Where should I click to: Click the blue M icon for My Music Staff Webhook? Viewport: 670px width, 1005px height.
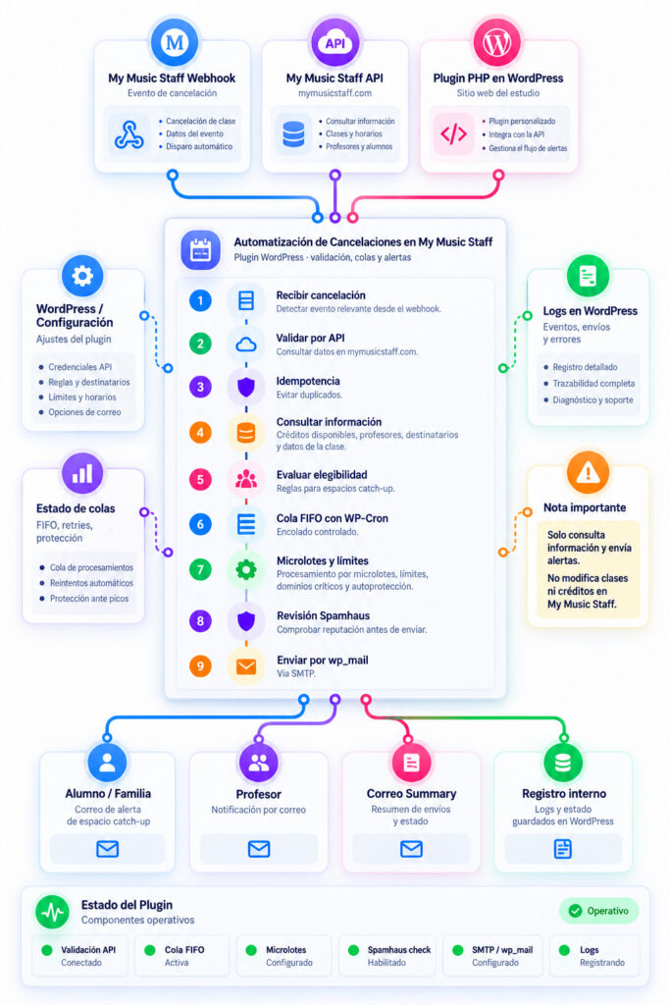pyautogui.click(x=175, y=42)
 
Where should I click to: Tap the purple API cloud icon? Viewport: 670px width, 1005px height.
pyautogui.click(x=335, y=42)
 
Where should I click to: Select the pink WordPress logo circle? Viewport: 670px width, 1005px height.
pyautogui.click(x=497, y=42)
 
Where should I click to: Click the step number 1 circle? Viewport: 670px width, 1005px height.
pyautogui.click(x=200, y=300)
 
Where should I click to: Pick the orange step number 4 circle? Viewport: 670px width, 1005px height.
pyautogui.click(x=200, y=433)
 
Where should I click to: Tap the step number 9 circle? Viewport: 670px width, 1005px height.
pyautogui.click(x=200, y=666)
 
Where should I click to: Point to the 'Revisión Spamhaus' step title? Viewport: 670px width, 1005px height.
pyautogui.click(x=323, y=615)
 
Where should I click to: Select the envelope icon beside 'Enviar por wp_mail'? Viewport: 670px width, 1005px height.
pyautogui.click(x=246, y=666)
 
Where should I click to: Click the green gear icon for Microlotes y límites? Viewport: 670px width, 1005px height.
pyautogui.click(x=246, y=569)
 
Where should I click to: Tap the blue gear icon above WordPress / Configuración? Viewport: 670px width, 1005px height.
pyautogui.click(x=82, y=276)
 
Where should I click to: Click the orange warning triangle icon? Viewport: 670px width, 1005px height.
pyautogui.click(x=588, y=472)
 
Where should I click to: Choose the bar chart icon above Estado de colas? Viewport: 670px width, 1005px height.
pyautogui.click(x=82, y=474)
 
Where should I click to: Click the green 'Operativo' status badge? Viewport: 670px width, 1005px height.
pyautogui.click(x=599, y=911)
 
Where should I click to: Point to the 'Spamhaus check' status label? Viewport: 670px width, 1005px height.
pyautogui.click(x=399, y=949)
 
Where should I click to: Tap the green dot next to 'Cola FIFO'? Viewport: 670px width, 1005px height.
pyautogui.click(x=150, y=950)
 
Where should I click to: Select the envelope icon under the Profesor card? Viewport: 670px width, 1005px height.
pyautogui.click(x=259, y=849)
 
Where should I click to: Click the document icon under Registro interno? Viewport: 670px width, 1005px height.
pyautogui.click(x=562, y=849)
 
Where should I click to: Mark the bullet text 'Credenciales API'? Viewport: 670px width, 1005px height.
pyautogui.click(x=80, y=367)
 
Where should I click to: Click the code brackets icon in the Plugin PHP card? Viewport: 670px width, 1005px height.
pyautogui.click(x=453, y=133)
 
